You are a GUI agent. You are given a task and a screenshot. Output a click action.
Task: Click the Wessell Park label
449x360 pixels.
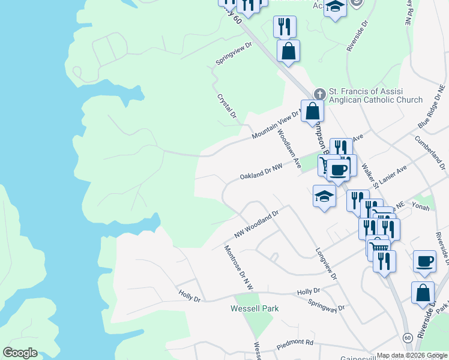tap(255, 308)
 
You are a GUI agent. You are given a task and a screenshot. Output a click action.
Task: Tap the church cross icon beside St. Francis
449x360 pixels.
tap(319, 94)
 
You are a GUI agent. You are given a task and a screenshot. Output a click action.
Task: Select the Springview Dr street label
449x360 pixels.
tap(235, 55)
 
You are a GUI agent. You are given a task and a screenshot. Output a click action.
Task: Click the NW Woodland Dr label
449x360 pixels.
tap(257, 224)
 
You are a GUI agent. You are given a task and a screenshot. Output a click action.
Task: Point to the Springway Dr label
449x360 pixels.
tap(326, 305)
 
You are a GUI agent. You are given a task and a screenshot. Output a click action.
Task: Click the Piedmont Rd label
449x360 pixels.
tap(295, 345)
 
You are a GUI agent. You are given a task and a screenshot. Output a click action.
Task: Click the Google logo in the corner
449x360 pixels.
tap(20, 352)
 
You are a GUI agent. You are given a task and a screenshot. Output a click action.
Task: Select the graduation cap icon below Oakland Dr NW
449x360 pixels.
tap(325, 196)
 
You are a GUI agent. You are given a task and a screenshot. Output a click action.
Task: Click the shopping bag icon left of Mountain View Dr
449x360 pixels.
tap(312, 110)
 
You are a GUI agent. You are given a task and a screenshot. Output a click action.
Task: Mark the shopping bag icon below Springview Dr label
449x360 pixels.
tap(289, 50)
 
